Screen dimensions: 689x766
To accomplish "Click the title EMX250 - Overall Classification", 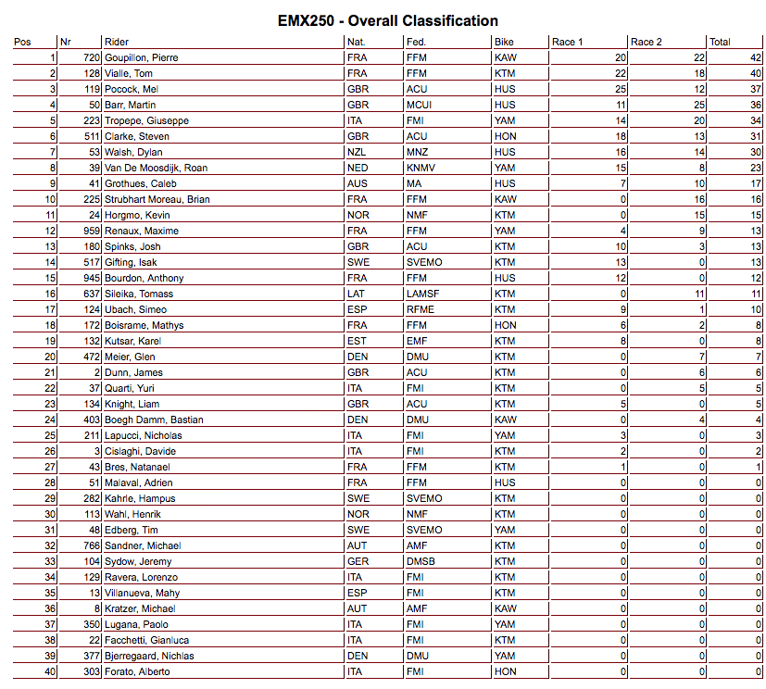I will point(388,21).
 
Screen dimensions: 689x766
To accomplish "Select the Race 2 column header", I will point(653,42).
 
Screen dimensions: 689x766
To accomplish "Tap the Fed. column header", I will point(417,42).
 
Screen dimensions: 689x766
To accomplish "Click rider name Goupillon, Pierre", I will point(142,57).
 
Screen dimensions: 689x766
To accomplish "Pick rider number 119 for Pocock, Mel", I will point(90,89).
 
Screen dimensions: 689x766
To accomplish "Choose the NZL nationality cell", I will point(357,152).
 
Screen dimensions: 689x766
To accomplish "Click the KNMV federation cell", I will point(421,168).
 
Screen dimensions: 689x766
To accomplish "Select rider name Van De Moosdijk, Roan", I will point(156,168).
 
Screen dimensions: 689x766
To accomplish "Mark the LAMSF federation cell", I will point(423,294).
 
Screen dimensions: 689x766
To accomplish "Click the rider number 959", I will point(90,231).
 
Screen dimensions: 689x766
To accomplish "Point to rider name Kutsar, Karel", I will point(135,341).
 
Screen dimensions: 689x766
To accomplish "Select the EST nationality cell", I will point(357,341).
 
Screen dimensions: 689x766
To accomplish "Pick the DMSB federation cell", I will point(421,561).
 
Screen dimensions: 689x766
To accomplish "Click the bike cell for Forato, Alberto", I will point(506,671).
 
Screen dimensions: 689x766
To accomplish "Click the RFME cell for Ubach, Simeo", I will point(421,309).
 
